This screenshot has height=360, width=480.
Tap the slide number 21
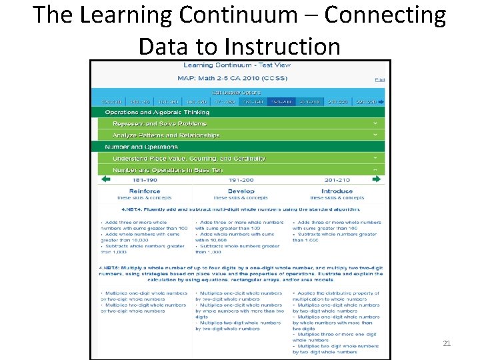447,343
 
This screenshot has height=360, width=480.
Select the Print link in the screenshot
379,79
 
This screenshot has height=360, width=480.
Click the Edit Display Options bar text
237,92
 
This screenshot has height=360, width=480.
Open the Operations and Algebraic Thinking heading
157,112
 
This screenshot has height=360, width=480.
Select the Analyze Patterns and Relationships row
166,135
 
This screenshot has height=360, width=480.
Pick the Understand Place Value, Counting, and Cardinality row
189,159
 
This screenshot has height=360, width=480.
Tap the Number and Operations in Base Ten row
168,170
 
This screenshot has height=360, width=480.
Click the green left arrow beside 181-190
105,179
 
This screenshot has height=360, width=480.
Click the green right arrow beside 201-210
377,179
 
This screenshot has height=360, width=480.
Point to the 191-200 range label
240,180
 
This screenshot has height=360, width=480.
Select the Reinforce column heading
145,191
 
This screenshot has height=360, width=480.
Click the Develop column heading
241,191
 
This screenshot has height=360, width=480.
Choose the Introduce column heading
337,191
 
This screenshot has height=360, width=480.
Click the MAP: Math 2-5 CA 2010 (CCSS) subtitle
237,78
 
